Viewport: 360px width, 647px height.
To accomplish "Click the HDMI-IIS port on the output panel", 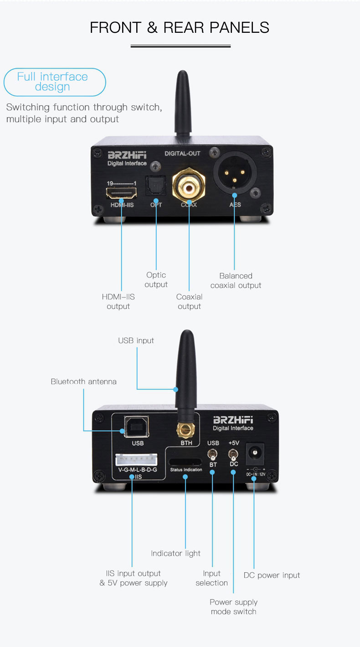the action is coord(121,193).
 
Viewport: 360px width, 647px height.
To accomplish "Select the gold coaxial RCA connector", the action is coord(189,185).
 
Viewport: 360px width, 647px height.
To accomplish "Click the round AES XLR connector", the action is coord(235,173).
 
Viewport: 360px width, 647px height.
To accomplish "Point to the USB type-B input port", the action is coord(136,426).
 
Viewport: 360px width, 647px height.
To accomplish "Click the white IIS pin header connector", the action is coord(136,460).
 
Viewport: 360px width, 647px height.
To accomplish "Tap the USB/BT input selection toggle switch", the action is coord(212,455).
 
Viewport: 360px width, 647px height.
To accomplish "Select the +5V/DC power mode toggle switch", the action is coord(233,455).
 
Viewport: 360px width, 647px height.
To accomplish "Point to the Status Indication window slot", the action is coord(185,462).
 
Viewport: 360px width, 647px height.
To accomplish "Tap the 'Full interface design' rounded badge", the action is coord(55,82).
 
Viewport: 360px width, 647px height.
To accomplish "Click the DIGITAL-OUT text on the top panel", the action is coord(182,154).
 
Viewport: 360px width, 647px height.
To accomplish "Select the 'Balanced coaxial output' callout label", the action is coord(236,281).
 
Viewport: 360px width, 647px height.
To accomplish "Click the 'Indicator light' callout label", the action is coord(175,553).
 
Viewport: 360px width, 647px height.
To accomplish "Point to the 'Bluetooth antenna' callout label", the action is coord(83,381).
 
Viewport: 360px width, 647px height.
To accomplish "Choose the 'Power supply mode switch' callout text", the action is coord(233,607).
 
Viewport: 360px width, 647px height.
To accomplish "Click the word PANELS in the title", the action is coord(239,28).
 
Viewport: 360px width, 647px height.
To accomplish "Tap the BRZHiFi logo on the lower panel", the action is coord(233,420).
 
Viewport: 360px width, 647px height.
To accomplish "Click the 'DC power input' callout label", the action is coord(272,575).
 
